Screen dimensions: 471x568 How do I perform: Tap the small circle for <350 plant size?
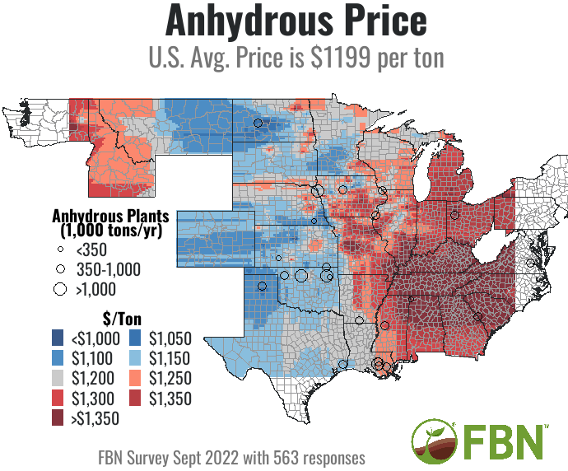click(x=59, y=249)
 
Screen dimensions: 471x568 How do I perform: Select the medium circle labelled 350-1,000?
click(x=59, y=268)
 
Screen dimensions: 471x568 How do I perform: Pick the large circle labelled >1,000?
click(x=59, y=288)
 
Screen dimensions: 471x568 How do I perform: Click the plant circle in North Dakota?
click(x=258, y=123)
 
